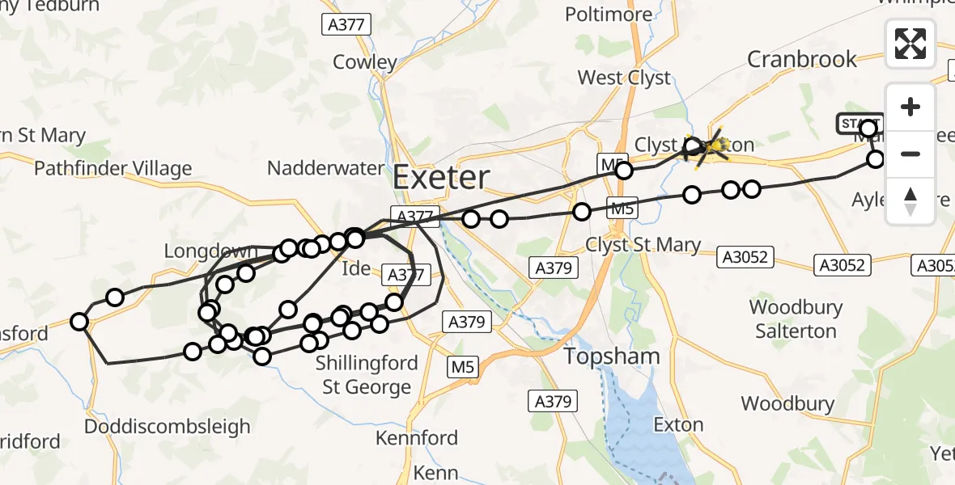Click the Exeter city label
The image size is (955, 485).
[442, 177]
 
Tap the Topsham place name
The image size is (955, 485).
[613, 356]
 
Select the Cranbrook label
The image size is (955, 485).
[802, 59]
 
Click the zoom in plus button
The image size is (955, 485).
[910, 108]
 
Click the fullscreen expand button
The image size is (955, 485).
[910, 44]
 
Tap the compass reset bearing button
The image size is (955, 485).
[910, 201]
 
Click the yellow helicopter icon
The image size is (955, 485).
[707, 145]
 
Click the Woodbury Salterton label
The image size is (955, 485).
[796, 319]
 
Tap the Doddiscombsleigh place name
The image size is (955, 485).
[168, 426]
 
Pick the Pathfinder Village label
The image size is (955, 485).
[113, 168]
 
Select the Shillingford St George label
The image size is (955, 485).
[367, 375]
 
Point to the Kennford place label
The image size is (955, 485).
[417, 438]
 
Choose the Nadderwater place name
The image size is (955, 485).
[325, 168]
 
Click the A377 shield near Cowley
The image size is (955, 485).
[347, 25]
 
